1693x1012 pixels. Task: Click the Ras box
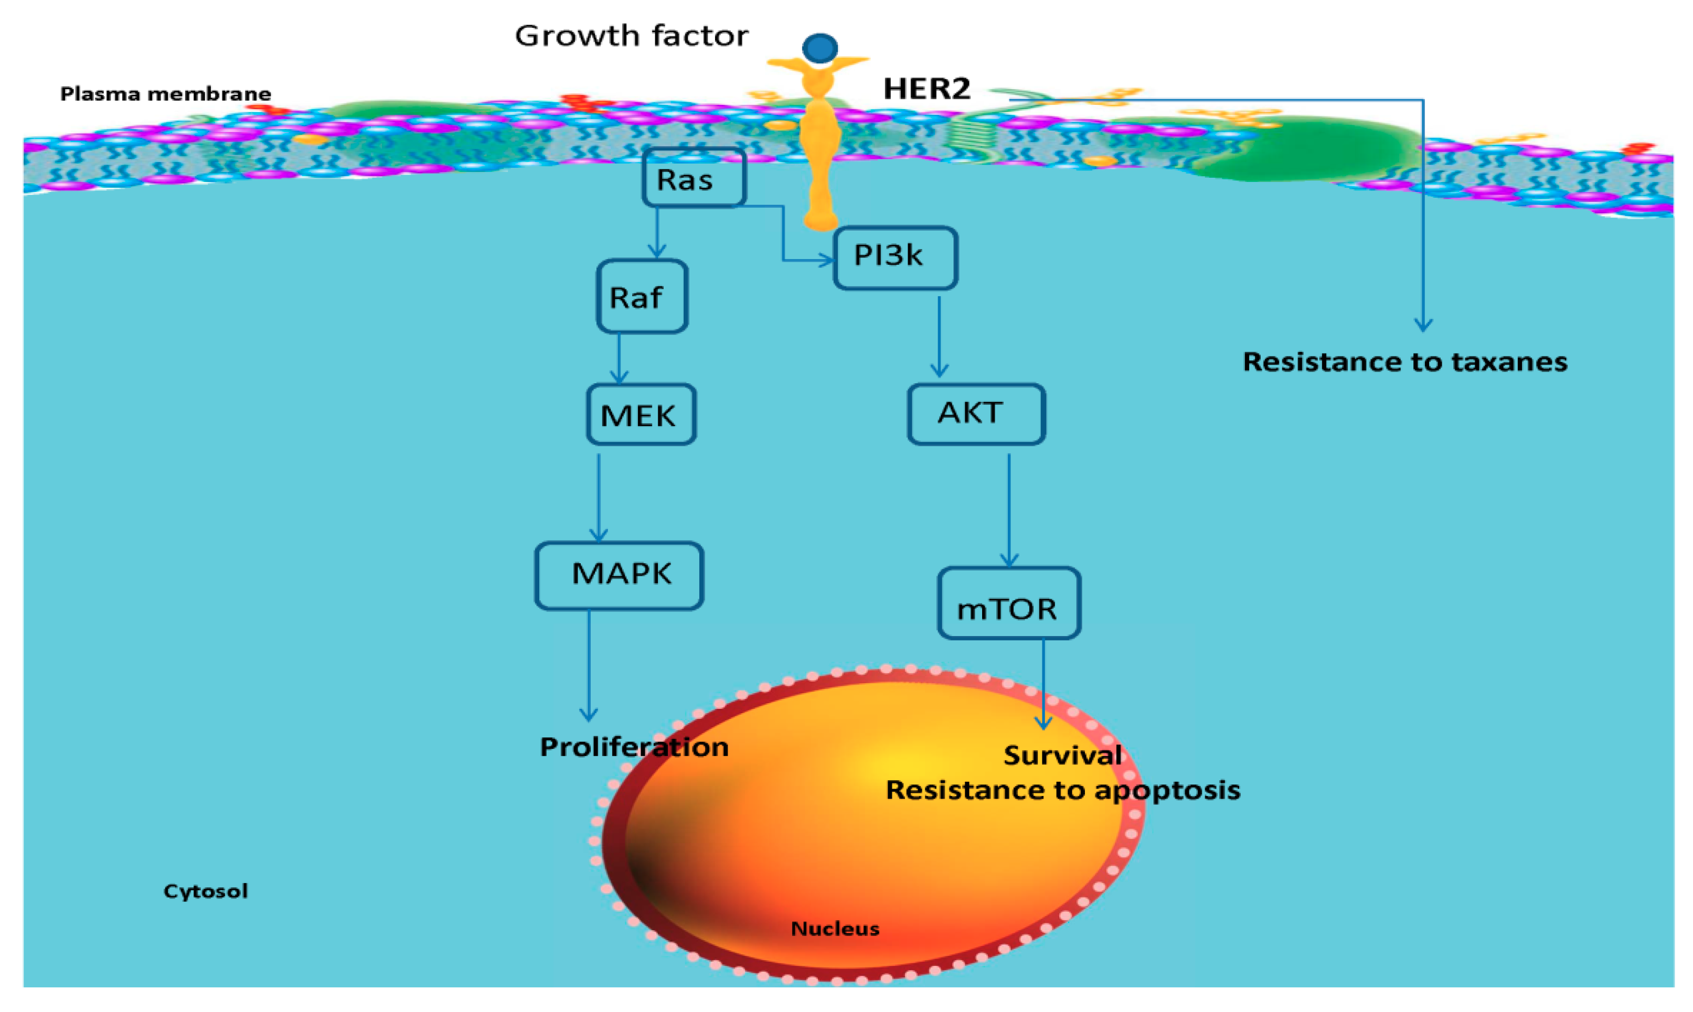(x=694, y=178)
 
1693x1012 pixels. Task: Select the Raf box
(x=641, y=297)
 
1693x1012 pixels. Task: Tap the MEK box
(x=641, y=415)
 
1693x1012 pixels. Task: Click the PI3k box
(x=895, y=257)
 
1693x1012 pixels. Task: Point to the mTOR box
(x=1008, y=604)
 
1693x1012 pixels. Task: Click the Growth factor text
(x=631, y=36)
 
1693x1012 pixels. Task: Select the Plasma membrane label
(x=165, y=93)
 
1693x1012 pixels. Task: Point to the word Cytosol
(x=205, y=891)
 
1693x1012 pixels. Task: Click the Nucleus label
(x=834, y=928)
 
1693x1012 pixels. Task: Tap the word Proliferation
(x=634, y=747)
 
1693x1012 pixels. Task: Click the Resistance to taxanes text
(x=1404, y=361)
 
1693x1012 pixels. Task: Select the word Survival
(x=1062, y=755)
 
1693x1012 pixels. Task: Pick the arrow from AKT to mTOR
(x=1009, y=508)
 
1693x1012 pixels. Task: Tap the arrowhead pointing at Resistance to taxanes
(x=1423, y=325)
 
